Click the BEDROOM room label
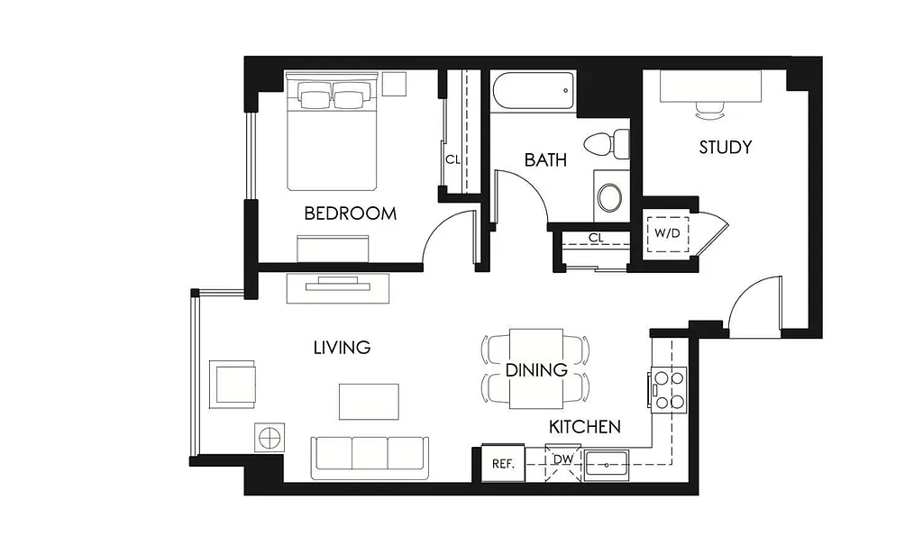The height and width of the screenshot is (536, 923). (350, 213)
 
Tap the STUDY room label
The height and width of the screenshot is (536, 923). (725, 147)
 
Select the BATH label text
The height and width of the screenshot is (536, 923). (545, 160)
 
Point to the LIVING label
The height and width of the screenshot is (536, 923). (342, 347)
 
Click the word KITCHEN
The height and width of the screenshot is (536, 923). (585, 426)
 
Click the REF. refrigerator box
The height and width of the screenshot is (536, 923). (502, 463)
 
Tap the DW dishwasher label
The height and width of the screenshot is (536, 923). (562, 460)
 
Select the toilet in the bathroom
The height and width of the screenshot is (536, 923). (606, 144)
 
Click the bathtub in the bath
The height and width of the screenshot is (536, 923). (533, 93)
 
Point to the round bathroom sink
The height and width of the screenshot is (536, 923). (610, 196)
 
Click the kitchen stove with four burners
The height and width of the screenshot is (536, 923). (668, 389)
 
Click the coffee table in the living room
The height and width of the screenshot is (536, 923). (368, 401)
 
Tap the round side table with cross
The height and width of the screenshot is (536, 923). (270, 438)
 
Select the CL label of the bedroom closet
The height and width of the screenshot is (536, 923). (452, 159)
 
